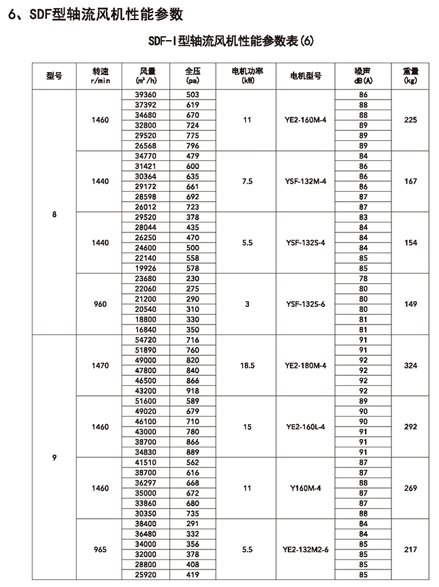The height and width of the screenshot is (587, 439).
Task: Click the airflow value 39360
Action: coord(149,95)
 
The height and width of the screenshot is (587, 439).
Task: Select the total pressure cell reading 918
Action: coord(192,390)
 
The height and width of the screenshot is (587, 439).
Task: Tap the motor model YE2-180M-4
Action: coord(306,365)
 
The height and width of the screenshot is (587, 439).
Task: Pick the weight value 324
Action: coord(411,365)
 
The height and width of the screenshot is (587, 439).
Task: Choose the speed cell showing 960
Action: coord(100,304)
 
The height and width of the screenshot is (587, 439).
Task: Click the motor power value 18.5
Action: coord(246,365)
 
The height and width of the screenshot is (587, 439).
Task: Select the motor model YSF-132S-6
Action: coord(306,304)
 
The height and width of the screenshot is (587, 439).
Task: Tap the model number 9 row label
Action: coord(55,457)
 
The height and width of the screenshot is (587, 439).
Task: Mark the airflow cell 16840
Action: coord(149,330)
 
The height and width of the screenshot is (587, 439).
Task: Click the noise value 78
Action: coord(363,279)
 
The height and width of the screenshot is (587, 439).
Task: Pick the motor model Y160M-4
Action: coord(306,488)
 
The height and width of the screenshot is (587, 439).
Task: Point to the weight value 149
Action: coord(411,304)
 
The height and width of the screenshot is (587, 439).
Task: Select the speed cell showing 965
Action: coord(100,549)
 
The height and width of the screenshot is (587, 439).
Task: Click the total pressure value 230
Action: coord(192,279)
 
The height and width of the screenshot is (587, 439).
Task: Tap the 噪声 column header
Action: coord(363,76)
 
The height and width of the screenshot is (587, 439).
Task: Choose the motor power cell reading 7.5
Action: coord(246,181)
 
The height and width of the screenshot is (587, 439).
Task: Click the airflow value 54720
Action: coord(149,339)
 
